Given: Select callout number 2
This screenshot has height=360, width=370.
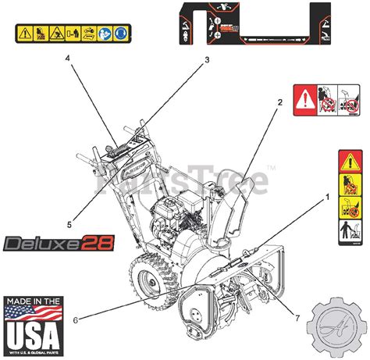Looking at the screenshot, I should coord(279,102).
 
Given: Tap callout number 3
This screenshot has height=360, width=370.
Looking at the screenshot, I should coord(207,59).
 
